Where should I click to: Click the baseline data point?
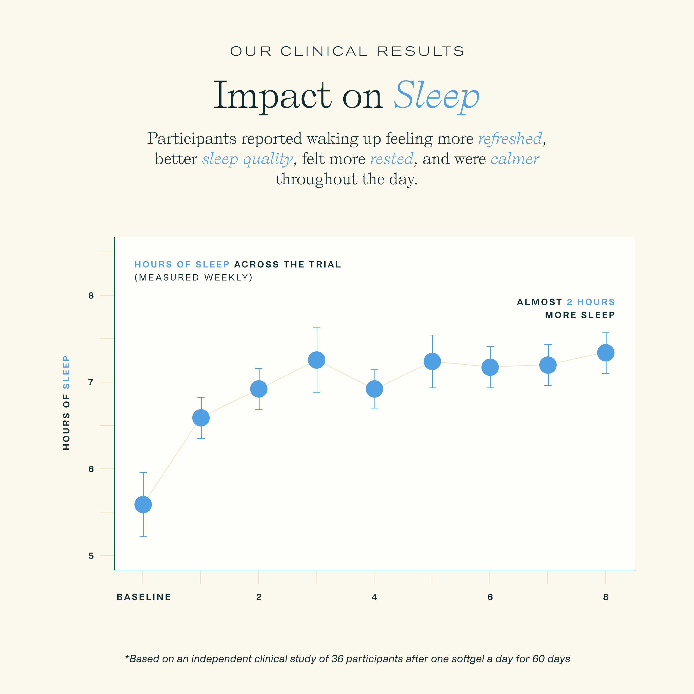(x=143, y=505)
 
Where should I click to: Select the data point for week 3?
(x=316, y=360)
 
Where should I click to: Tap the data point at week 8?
(x=606, y=353)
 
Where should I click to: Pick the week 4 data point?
(x=374, y=389)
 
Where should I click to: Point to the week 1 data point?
(x=201, y=418)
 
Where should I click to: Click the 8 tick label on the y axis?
(x=91, y=296)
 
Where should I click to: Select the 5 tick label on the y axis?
(x=91, y=556)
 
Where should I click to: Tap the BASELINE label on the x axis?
(x=144, y=597)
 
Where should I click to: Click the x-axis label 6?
(x=490, y=597)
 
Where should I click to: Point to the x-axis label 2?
(x=259, y=597)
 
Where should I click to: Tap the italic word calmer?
(x=515, y=159)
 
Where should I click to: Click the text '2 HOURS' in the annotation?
(x=591, y=302)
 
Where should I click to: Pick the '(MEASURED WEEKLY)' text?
(x=194, y=278)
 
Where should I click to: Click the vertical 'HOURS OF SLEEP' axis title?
(x=67, y=403)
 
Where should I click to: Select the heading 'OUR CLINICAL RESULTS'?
(x=347, y=51)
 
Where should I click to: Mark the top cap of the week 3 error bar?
(x=316, y=328)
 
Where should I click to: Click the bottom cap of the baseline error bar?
(x=143, y=537)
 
